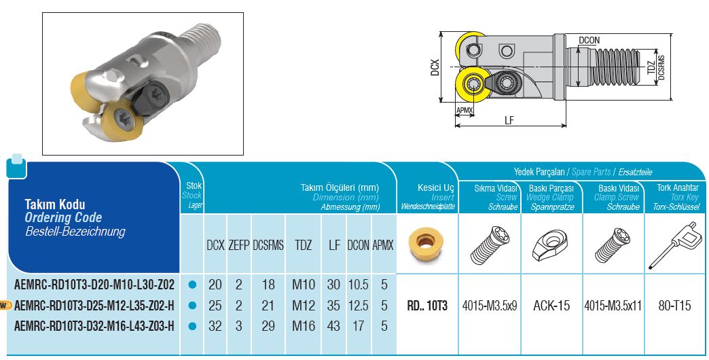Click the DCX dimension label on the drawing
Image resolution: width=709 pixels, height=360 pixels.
pyautogui.click(x=435, y=67)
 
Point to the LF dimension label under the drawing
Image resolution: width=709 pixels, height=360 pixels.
pyautogui.click(x=509, y=120)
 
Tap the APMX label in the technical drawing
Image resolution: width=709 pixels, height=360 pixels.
pyautogui.click(x=465, y=110)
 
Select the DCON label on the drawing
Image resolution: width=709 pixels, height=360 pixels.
pyautogui.click(x=589, y=40)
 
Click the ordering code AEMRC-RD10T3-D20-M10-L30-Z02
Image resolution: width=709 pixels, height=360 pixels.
pyautogui.click(x=94, y=285)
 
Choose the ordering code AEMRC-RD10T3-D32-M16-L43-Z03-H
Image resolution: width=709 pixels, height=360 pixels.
pyautogui.click(x=94, y=325)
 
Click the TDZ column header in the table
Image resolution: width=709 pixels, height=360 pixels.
pyautogui.click(x=304, y=245)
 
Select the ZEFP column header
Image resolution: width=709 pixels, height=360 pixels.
pyautogui.click(x=239, y=245)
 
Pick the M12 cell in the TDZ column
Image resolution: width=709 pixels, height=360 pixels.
pyautogui.click(x=304, y=305)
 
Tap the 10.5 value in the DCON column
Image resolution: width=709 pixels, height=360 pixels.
pyautogui.click(x=358, y=285)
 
